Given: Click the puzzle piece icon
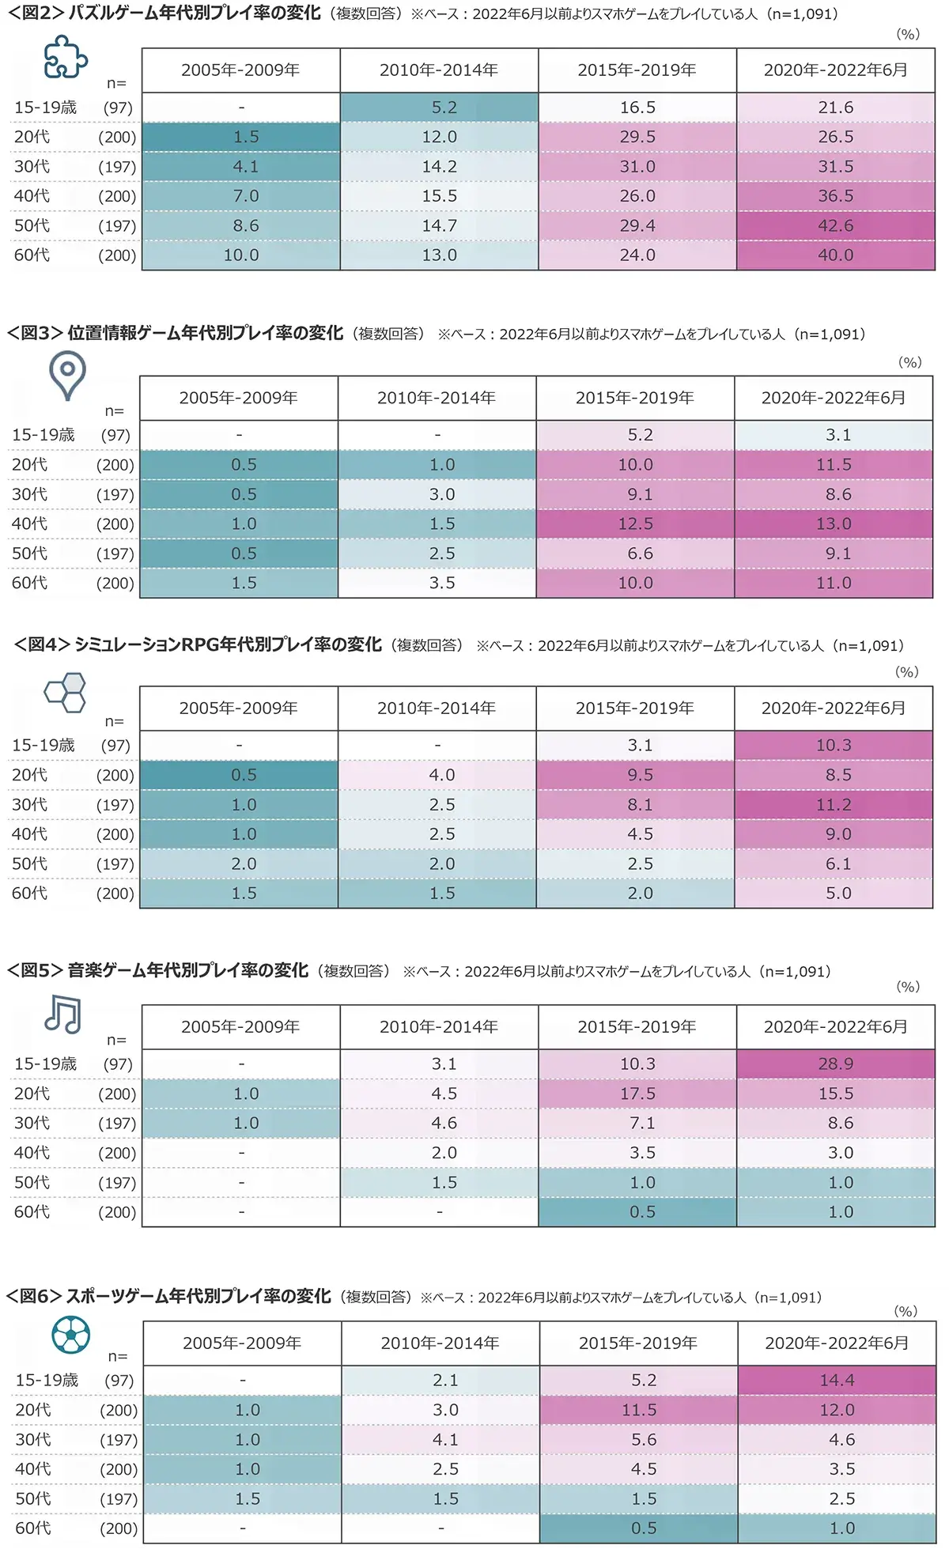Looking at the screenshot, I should (x=65, y=58).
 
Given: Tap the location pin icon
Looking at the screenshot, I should (x=67, y=376).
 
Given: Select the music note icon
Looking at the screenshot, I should (x=63, y=1014).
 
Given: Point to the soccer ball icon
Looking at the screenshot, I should (x=70, y=1336).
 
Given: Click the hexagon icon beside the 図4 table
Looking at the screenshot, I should (x=65, y=692).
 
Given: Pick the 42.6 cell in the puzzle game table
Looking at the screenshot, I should (x=835, y=226).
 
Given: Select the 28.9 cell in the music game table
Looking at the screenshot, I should (x=835, y=1064).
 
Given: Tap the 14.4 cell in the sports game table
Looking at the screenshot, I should (x=837, y=1381).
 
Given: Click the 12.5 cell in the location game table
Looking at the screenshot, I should (x=635, y=524).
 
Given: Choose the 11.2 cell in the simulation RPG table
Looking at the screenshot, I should (x=834, y=805).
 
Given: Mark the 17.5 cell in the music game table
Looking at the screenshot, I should (x=637, y=1094).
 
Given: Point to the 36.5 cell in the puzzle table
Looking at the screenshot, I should (x=835, y=196).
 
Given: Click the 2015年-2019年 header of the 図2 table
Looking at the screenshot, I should (x=637, y=70).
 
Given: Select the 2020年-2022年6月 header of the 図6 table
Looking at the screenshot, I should (x=837, y=1343).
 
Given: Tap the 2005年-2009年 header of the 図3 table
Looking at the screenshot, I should (x=238, y=398).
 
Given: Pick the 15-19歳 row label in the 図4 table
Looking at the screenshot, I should (x=43, y=746).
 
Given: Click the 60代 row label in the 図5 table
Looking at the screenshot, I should (x=32, y=1212).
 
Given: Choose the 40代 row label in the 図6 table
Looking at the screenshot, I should (x=33, y=1469).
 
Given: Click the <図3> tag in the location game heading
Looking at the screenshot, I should (x=35, y=334).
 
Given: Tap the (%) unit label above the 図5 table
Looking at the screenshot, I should (x=908, y=987).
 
